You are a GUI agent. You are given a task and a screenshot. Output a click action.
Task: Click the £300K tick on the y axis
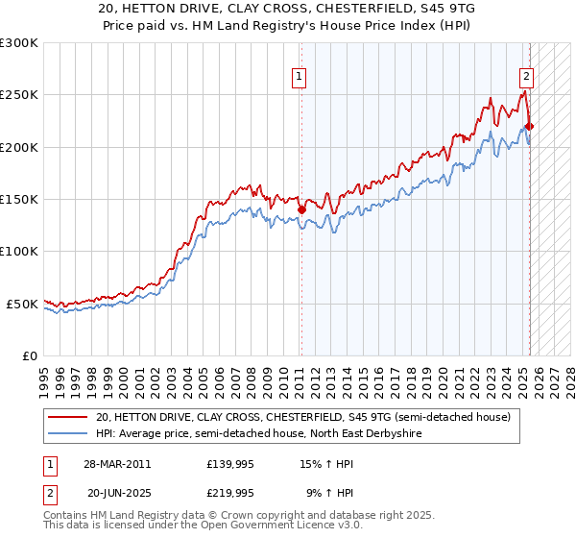(19, 43)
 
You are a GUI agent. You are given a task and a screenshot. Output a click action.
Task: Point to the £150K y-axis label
(19, 199)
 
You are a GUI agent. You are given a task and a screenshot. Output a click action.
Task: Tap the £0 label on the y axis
(31, 355)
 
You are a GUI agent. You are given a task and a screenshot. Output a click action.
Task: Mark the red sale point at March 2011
(301, 209)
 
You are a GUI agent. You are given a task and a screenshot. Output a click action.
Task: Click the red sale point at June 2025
(529, 126)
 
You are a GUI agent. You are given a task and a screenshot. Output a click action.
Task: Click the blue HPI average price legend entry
(258, 433)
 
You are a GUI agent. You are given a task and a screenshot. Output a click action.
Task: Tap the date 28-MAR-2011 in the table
(116, 464)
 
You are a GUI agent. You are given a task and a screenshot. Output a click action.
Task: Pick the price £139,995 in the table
(230, 464)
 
